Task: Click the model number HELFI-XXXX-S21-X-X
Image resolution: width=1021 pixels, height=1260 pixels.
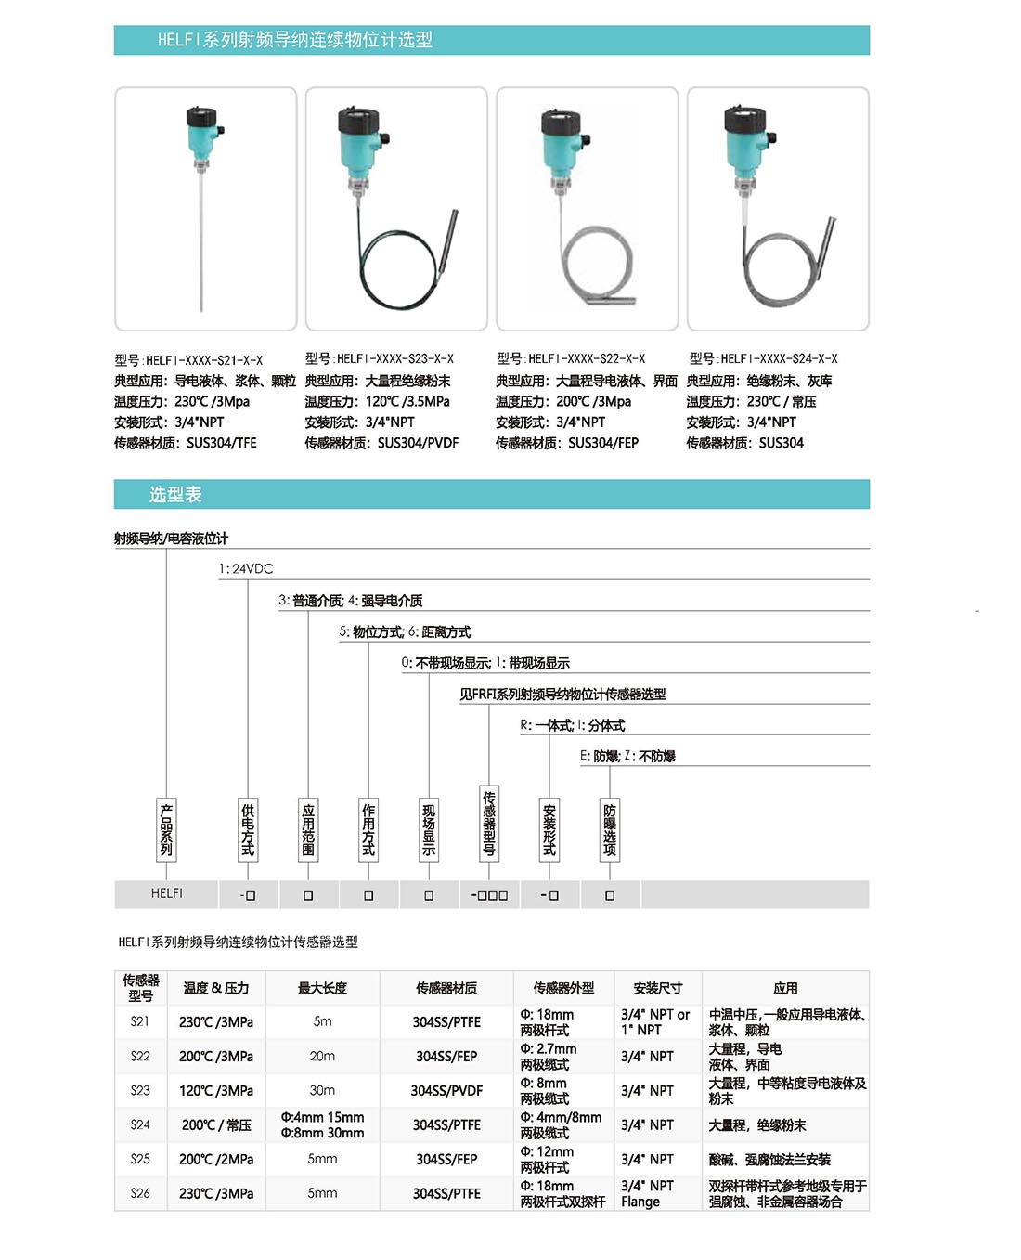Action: tap(188, 360)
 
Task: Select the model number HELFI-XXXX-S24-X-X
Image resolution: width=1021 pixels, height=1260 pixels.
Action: tap(763, 358)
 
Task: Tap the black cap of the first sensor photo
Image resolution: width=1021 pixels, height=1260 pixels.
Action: tap(201, 118)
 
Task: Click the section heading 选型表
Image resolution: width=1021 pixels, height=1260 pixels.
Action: tap(175, 495)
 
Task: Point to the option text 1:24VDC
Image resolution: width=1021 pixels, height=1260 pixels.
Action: tap(246, 569)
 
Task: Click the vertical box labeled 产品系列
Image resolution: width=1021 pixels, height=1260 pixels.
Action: tap(166, 829)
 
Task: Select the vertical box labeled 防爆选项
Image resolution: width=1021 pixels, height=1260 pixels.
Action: tap(610, 829)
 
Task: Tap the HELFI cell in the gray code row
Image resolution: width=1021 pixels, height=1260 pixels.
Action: tap(167, 893)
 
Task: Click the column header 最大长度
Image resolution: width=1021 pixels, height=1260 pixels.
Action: tap(322, 988)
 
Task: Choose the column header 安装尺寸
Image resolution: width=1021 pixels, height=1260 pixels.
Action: tap(658, 988)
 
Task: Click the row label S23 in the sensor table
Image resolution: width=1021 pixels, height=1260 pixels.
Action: tap(140, 1090)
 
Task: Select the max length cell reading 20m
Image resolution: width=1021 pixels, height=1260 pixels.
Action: tap(322, 1056)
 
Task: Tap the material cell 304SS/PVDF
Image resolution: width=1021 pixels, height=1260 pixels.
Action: tap(446, 1090)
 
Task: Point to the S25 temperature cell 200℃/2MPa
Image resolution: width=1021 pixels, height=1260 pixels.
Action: tap(216, 1159)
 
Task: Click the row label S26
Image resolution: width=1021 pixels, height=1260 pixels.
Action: tap(140, 1193)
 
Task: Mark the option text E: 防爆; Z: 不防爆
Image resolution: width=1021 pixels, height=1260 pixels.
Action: tap(628, 757)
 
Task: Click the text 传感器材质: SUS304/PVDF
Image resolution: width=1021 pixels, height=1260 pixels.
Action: tap(381, 443)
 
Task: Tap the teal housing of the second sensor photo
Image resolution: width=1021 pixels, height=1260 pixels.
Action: tap(359, 154)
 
